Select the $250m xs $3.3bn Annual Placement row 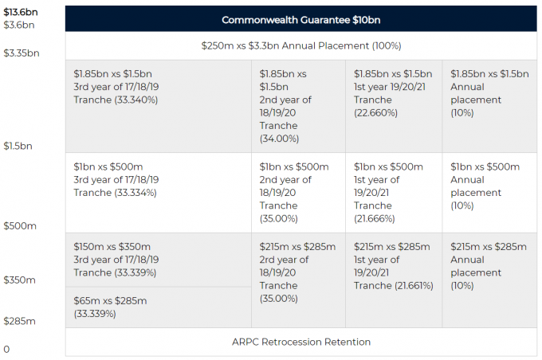tap(300, 46)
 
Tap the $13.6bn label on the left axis tap(21, 12)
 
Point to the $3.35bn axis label tap(22, 53)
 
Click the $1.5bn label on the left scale tap(18, 146)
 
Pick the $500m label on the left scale tap(20, 226)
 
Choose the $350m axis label tap(19, 280)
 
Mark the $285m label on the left tap(19, 321)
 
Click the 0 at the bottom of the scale tap(6, 350)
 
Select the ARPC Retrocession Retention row tap(300, 342)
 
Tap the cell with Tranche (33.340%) tap(159, 107)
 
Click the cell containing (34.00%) tap(298, 107)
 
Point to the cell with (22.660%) tap(394, 107)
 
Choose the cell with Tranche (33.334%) tap(159, 193)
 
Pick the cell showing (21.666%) tap(394, 193)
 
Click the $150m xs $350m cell tap(159, 260)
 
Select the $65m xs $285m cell tap(159, 307)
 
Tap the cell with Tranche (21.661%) tap(394, 280)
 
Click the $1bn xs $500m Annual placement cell tap(489, 193)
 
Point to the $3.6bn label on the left tap(19, 25)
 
